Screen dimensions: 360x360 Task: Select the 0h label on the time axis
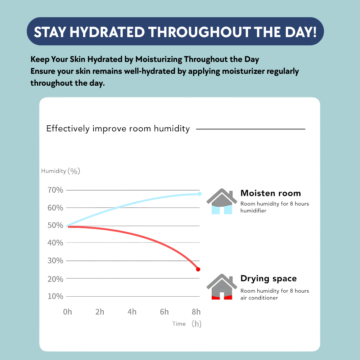coord(67,312)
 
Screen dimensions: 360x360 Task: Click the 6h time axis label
coord(164,312)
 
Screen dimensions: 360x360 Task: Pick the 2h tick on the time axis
coord(100,312)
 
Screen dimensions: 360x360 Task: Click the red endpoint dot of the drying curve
coord(198,269)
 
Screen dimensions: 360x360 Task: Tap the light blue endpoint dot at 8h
coord(199,194)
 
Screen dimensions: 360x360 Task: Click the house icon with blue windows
coord(221,202)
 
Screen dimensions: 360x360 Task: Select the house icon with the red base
coord(221,287)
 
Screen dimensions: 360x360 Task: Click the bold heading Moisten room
coord(270,193)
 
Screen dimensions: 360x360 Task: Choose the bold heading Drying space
coord(269,279)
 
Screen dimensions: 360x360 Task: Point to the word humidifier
coord(253,211)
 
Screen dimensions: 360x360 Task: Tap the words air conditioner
coord(259,298)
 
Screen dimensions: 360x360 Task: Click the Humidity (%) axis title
coord(60,171)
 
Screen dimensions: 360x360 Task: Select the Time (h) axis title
coord(186,324)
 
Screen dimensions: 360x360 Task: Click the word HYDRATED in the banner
coord(108,32)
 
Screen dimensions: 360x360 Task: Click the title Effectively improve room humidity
coord(118,129)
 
